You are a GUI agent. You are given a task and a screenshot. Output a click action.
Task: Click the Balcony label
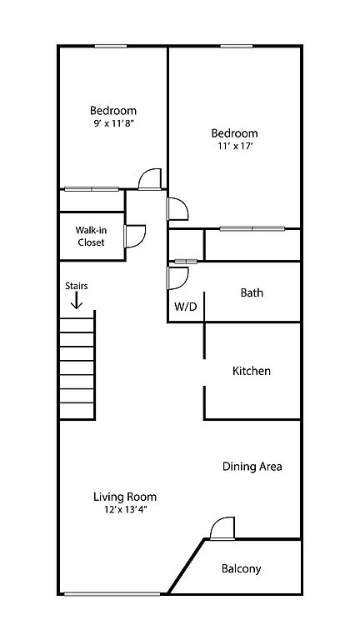point(241,568)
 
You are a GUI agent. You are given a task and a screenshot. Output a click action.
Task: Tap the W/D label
point(186,307)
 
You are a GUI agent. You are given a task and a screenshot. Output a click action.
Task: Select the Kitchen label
point(252,371)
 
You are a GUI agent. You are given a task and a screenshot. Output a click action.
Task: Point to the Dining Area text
point(252,467)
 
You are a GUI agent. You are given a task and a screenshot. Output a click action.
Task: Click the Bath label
point(252,292)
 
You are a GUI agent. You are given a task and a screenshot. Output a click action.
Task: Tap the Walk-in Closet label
point(91,236)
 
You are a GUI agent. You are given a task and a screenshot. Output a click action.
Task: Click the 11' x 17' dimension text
point(234,147)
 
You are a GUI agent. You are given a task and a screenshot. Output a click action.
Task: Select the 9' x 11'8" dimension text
point(112,123)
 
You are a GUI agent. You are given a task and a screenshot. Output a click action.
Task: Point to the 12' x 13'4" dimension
point(125,509)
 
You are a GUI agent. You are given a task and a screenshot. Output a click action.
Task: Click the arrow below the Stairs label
point(77,301)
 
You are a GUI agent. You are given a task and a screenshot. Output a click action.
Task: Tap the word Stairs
point(77,286)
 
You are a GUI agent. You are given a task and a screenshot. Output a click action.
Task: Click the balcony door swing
point(222,529)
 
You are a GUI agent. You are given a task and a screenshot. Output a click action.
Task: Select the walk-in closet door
point(135,237)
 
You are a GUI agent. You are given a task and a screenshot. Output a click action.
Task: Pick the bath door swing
point(177,278)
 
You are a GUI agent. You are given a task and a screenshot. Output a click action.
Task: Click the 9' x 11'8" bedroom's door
point(150,179)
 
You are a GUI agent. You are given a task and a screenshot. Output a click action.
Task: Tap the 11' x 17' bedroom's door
point(177,208)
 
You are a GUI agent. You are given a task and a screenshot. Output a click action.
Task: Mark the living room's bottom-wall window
point(112,594)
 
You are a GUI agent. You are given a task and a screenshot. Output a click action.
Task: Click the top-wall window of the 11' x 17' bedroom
point(237,46)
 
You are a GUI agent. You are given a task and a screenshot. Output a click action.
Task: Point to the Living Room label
point(125,497)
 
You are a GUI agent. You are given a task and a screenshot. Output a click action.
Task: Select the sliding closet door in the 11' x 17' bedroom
point(252,228)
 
